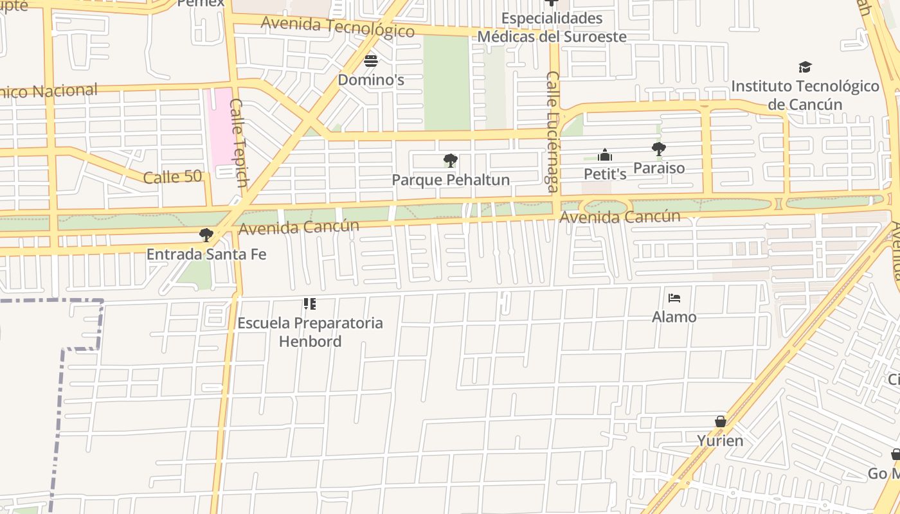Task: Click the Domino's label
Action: click(x=371, y=80)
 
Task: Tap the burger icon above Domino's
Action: click(x=371, y=62)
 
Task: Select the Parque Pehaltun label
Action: click(x=451, y=180)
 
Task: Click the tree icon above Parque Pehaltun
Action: click(x=451, y=161)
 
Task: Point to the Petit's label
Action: click(x=605, y=173)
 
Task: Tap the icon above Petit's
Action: click(x=605, y=155)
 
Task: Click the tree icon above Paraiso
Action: click(x=658, y=149)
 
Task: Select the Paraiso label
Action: click(x=659, y=168)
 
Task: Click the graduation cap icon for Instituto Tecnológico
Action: click(x=805, y=67)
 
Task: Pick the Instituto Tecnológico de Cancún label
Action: click(x=805, y=95)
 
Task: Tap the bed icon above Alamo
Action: click(x=674, y=297)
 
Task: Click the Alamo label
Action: click(x=674, y=317)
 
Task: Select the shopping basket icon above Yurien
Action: click(x=721, y=421)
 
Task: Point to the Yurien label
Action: click(x=721, y=441)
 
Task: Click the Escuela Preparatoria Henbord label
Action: click(x=310, y=332)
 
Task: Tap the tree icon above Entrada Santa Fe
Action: click(x=206, y=235)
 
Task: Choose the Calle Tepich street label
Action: click(x=239, y=143)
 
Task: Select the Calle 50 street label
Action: click(x=172, y=177)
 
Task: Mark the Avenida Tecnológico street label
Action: click(x=337, y=26)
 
